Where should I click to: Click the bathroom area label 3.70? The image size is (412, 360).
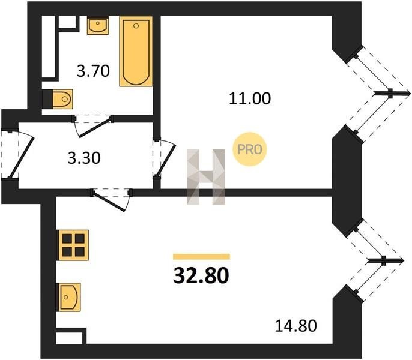point(93,71)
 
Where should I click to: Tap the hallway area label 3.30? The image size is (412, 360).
point(84,158)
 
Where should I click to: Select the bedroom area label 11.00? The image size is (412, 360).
point(250,99)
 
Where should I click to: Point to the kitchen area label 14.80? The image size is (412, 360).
point(296,326)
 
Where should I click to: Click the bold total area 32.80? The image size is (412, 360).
point(201,276)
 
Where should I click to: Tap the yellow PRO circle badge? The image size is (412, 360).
point(250,149)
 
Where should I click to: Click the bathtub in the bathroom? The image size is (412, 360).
point(136,51)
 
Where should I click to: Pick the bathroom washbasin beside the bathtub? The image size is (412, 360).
point(98,25)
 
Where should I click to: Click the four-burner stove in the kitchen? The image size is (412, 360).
point(73,245)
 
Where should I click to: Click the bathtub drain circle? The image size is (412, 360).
point(136,26)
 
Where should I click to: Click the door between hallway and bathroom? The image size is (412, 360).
point(92,125)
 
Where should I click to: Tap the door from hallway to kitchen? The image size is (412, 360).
point(111,199)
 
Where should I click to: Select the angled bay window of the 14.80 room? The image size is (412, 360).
point(373,260)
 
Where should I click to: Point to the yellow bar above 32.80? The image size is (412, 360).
point(201,257)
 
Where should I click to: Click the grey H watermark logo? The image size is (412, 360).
point(206,177)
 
